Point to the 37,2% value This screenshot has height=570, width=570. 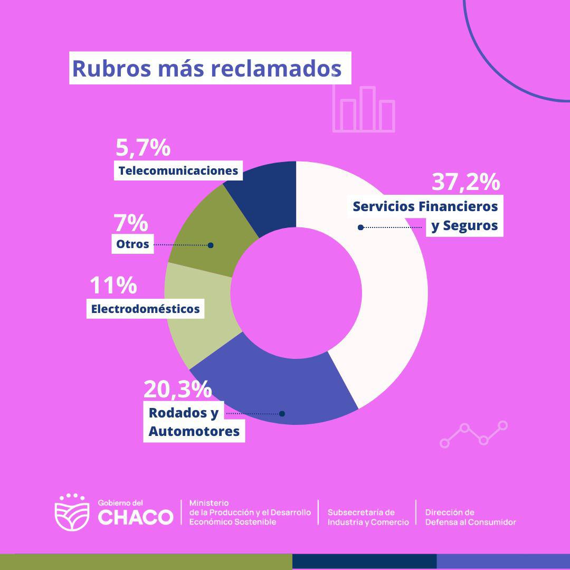(x=465, y=182)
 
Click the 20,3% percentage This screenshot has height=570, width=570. (x=177, y=389)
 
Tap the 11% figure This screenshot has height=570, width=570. (x=113, y=286)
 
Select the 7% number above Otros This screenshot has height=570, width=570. (x=130, y=224)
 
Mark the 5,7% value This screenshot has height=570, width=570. (x=143, y=148)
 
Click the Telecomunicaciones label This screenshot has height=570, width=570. (x=178, y=171)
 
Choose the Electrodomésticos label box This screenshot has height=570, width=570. (x=145, y=309)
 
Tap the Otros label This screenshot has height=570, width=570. (x=133, y=244)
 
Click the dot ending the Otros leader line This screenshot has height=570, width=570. (x=211, y=245)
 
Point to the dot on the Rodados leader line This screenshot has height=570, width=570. (x=282, y=413)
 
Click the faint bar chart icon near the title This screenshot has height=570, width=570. (x=364, y=109)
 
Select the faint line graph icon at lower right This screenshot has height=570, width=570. (x=473, y=434)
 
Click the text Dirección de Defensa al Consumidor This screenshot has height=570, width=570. (x=470, y=517)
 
